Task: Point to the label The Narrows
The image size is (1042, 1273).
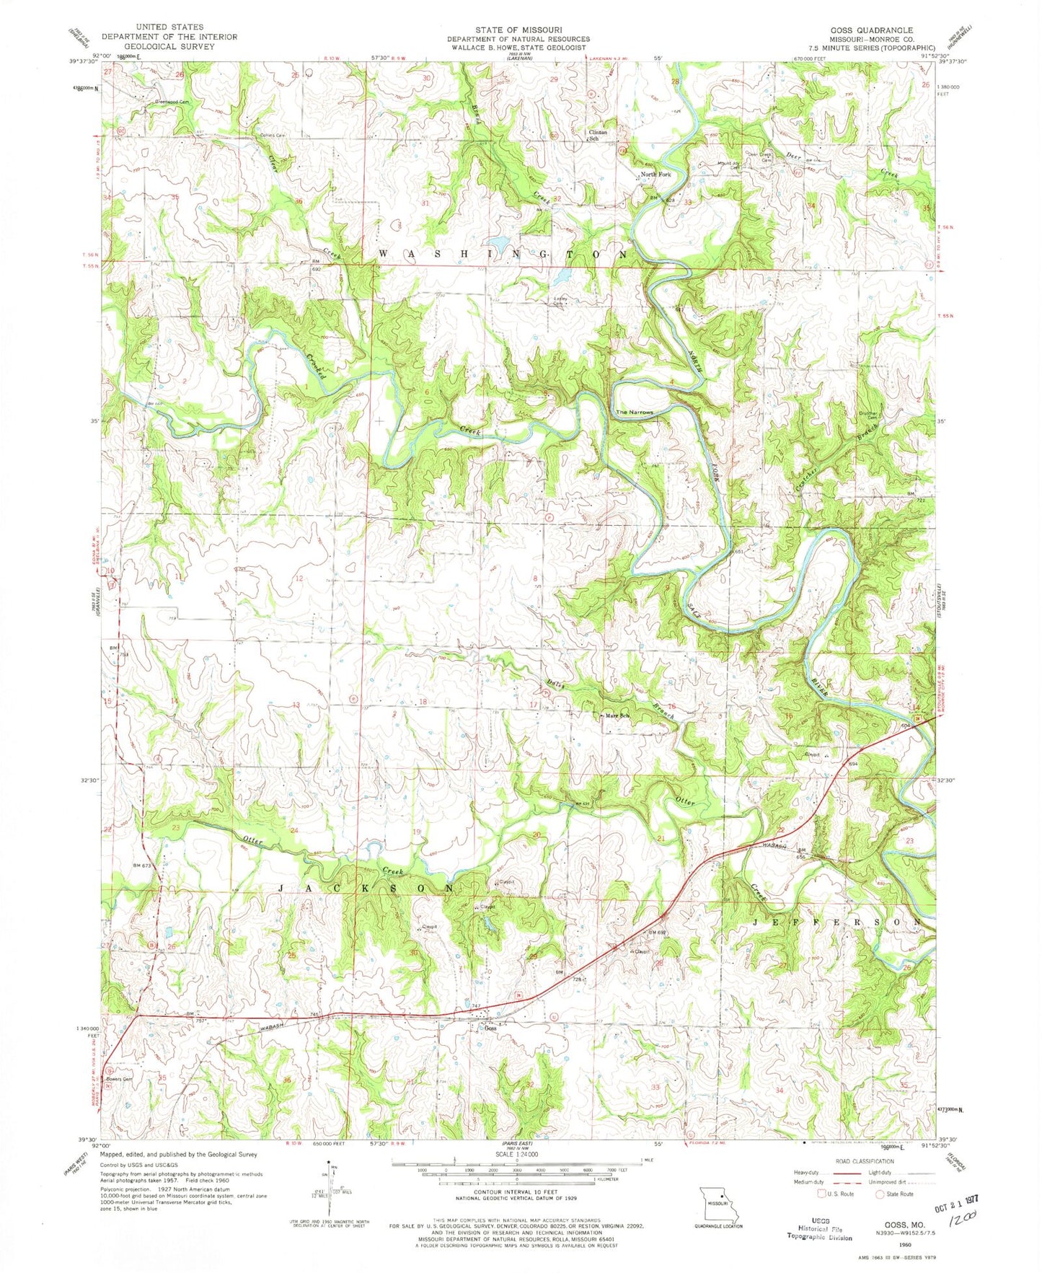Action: pos(634,413)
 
